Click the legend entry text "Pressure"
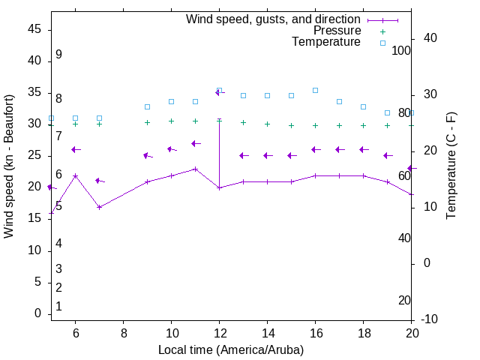pyautogui.click(x=337, y=31)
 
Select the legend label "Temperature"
pyautogui.click(x=326, y=42)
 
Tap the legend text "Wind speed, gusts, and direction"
pyautogui.click(x=274, y=19)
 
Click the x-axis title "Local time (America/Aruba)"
pyautogui.click(x=231, y=349)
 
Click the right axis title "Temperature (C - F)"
pyautogui.click(x=451, y=166)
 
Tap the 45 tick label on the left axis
pyautogui.click(x=34, y=29)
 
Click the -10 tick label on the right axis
pyautogui.click(x=430, y=319)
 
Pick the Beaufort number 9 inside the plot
pyautogui.click(x=58, y=55)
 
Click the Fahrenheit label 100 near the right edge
pyautogui.click(x=401, y=51)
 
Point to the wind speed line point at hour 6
pyautogui.click(x=75, y=175)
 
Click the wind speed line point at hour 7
pyautogui.click(x=99, y=207)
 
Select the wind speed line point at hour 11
pyautogui.click(x=195, y=169)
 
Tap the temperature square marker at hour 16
pyautogui.click(x=315, y=90)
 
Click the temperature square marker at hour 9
pyautogui.click(x=147, y=106)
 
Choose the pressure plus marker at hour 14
pyautogui.click(x=267, y=124)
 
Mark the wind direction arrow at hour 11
pyautogui.click(x=195, y=143)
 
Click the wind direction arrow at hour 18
pyautogui.click(x=363, y=149)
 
